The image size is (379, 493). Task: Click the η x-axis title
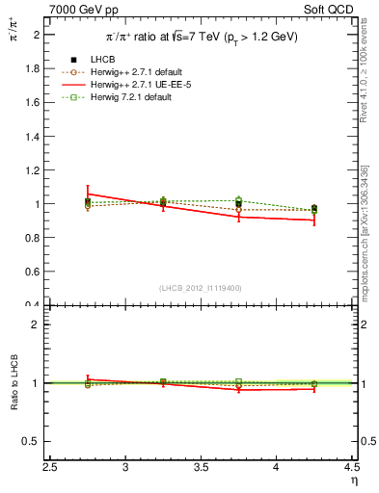click(353, 481)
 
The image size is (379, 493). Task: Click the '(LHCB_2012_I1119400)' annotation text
click(201, 288)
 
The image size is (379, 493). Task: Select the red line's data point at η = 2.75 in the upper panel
click(88, 194)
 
